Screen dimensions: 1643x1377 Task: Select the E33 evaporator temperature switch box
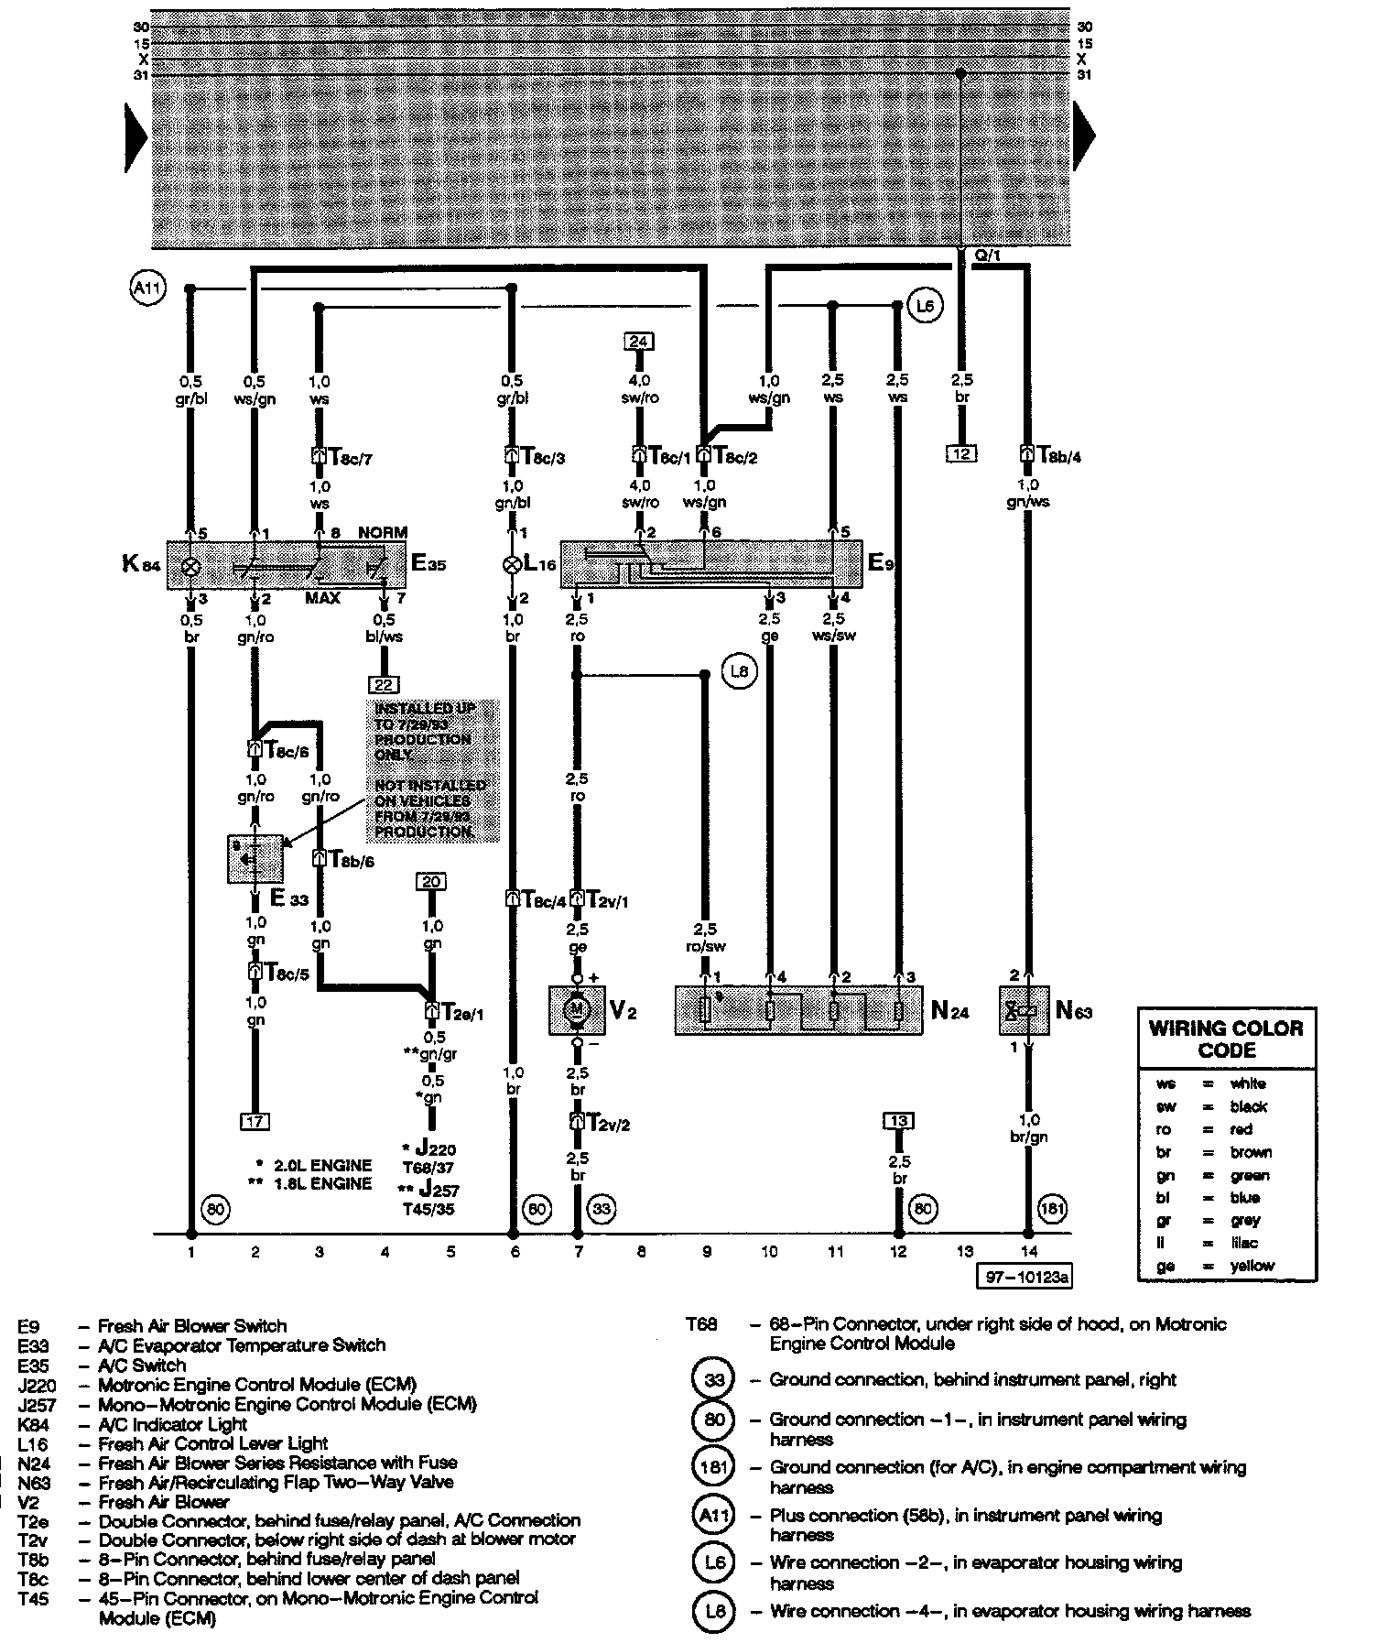pos(255,858)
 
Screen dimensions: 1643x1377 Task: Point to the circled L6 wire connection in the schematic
pos(926,306)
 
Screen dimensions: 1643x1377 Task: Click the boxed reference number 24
pos(638,342)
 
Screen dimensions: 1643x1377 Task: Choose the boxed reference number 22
pos(384,683)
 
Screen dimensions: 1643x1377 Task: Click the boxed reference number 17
pos(255,1121)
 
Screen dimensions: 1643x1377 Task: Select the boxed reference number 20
pos(431,882)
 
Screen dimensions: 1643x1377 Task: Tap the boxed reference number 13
pos(898,1121)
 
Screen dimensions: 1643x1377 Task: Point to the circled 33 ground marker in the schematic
pos(602,1210)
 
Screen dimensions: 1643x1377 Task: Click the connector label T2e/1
pos(455,1013)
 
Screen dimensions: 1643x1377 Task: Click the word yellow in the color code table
pos(1252,1266)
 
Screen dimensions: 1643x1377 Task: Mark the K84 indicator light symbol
pos(191,567)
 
